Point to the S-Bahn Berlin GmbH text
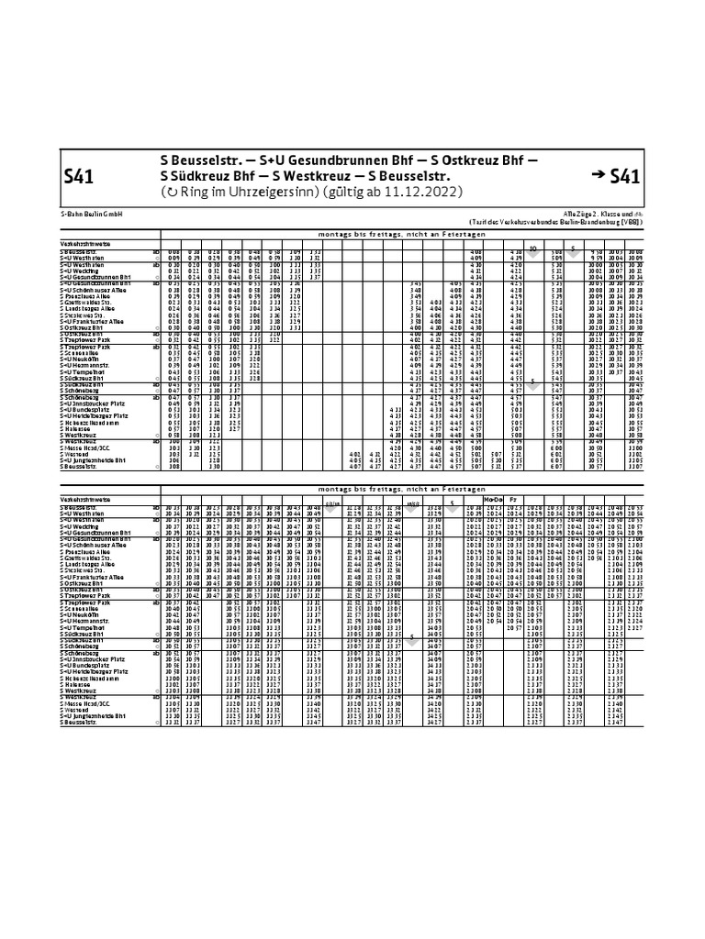tap(92, 213)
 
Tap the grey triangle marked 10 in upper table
tap(533, 248)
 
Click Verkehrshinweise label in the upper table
tap(85, 242)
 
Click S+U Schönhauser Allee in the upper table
tap(95, 290)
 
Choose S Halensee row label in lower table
tap(78, 683)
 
